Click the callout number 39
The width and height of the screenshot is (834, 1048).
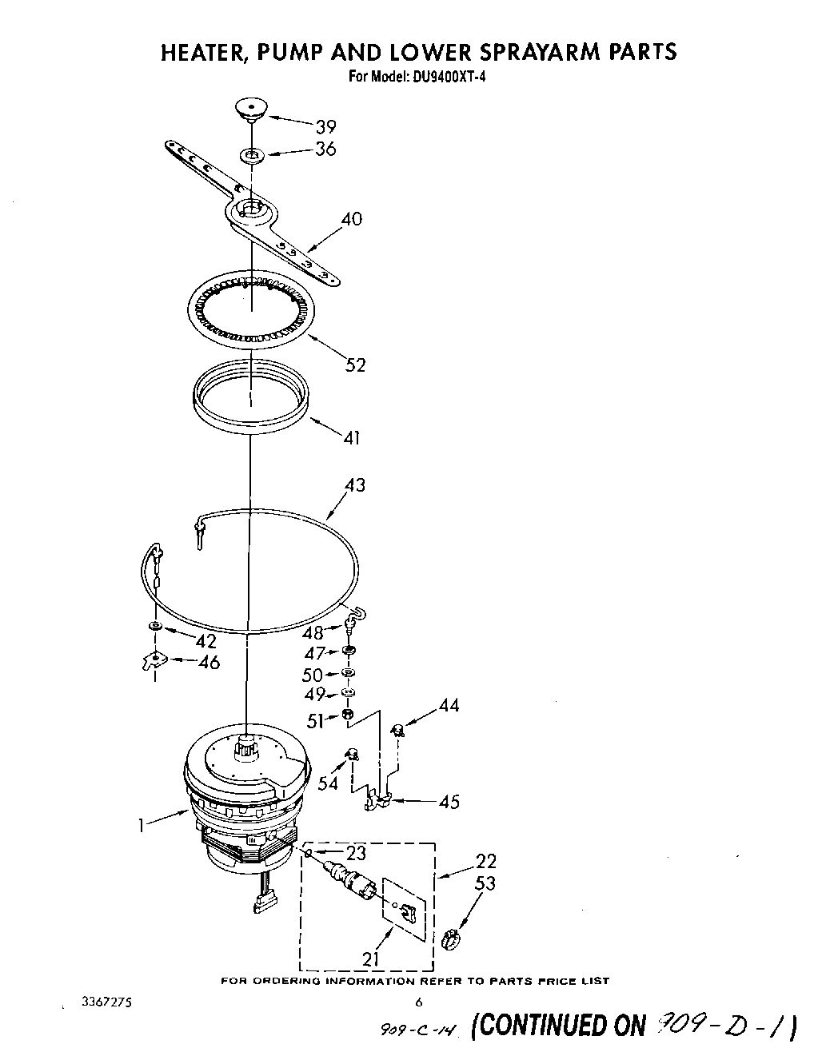(x=325, y=126)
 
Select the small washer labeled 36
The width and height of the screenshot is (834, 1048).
(x=251, y=153)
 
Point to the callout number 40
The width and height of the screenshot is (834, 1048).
(x=351, y=218)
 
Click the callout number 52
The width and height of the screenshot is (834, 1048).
(x=355, y=365)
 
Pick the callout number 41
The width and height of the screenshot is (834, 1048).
(x=351, y=437)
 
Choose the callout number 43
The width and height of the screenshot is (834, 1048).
(x=354, y=484)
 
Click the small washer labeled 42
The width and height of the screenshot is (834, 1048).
(x=154, y=624)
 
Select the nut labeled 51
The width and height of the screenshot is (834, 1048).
(x=348, y=714)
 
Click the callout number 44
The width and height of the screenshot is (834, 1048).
(x=449, y=705)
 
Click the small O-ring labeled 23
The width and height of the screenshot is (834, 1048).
(x=308, y=854)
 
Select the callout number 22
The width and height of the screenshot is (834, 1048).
(x=485, y=861)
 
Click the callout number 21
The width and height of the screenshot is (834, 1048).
(x=371, y=958)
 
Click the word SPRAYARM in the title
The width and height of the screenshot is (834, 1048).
(x=528, y=52)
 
